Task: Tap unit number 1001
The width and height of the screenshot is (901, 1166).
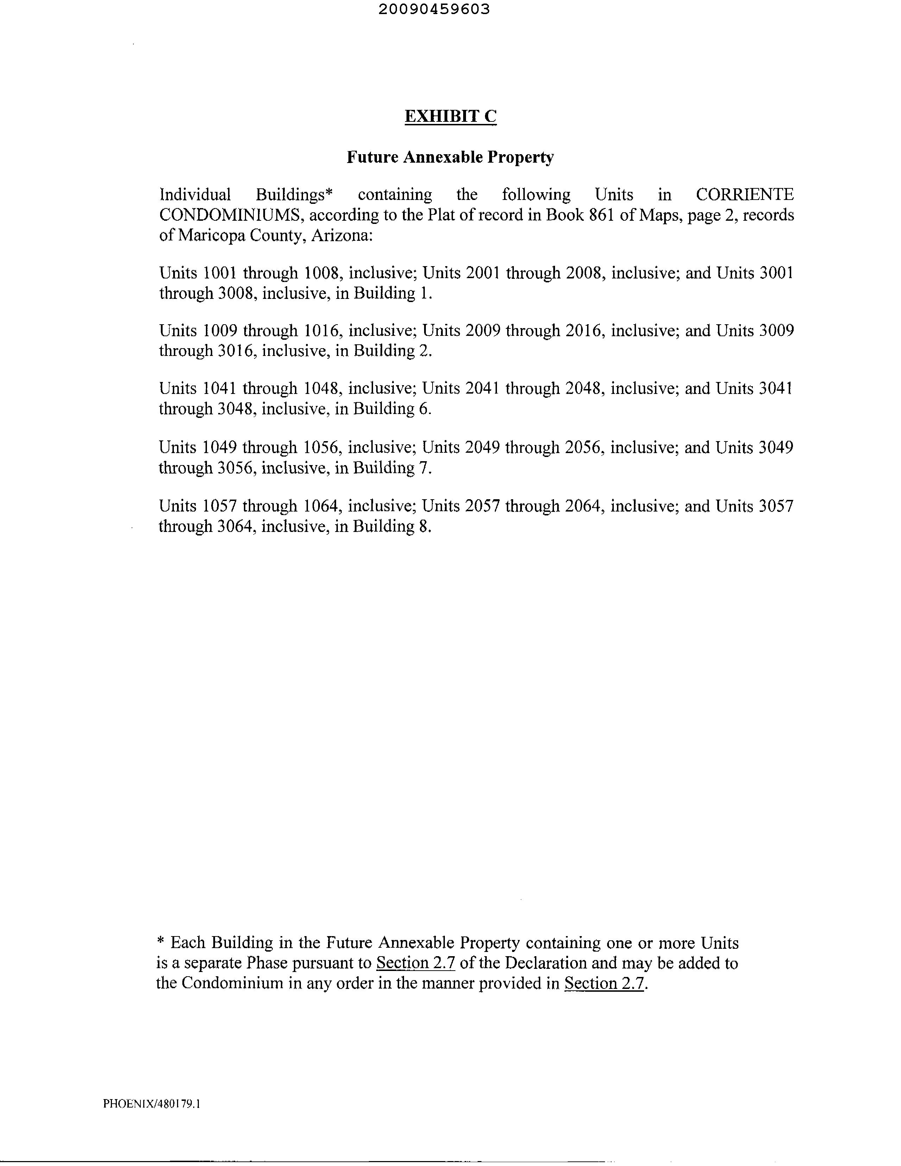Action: point(220,273)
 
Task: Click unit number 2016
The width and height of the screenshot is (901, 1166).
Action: point(586,331)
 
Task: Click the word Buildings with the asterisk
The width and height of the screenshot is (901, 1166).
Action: point(295,195)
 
